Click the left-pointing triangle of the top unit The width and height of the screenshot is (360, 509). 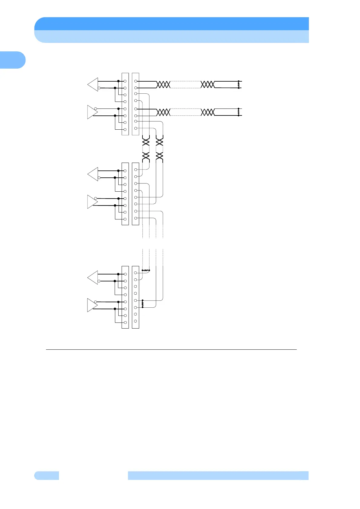pos(93,84)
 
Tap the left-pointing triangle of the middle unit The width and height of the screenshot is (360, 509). pos(93,174)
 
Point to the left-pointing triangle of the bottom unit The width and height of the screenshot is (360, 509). pos(93,277)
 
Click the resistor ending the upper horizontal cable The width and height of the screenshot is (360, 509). pos(239,84)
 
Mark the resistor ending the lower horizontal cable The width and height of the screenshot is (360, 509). pos(239,112)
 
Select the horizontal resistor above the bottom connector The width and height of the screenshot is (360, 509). pos(146,270)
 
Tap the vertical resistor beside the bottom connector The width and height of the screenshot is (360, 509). pos(142,304)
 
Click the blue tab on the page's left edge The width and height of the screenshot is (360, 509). pos(12,60)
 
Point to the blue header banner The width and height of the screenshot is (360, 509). pos(172,30)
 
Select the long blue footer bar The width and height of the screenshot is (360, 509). pos(218,475)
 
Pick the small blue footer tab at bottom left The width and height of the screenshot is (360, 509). pos(47,475)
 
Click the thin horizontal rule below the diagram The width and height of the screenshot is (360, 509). pos(171,350)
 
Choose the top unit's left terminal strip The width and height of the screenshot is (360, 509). pos(125,104)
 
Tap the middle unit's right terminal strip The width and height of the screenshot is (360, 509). pos(136,194)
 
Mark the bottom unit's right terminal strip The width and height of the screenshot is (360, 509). pos(136,297)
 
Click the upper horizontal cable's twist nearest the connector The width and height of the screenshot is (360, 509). pos(163,84)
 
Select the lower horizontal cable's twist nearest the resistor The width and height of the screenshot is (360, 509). pos(208,112)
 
